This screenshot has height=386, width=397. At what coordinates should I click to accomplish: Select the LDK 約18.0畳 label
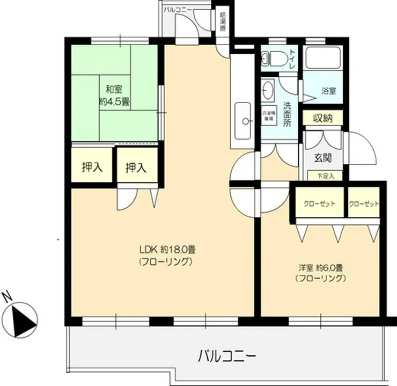coord(167,256)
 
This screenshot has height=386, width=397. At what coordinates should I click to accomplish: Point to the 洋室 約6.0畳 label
coord(320,273)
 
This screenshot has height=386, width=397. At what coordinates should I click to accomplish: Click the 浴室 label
coord(329,91)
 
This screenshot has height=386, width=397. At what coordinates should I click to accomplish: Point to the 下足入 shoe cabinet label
coord(325,176)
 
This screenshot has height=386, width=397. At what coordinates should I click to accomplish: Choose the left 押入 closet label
coord(92,167)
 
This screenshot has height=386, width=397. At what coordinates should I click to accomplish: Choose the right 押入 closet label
coord(136,167)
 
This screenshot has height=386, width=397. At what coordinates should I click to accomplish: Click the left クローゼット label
coord(320,204)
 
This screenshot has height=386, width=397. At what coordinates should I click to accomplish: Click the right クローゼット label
coord(364,204)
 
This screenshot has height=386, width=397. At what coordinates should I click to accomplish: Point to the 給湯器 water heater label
coord(223,20)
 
